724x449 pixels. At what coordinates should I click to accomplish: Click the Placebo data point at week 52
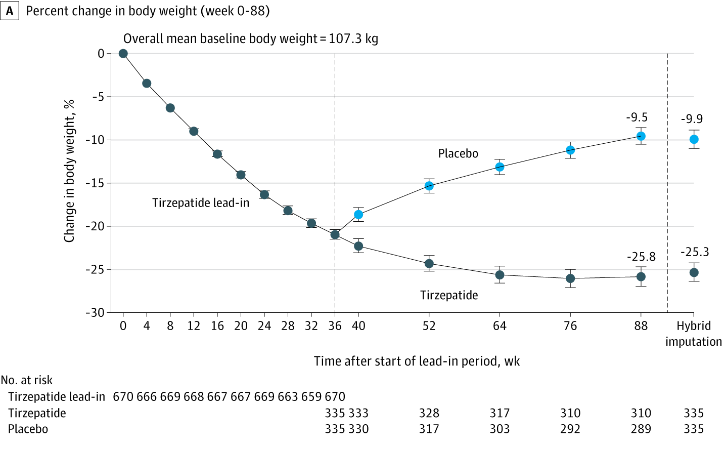pos(429,186)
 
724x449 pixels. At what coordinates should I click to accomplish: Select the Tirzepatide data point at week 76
pos(570,278)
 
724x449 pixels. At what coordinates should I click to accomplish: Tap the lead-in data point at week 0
pos(123,54)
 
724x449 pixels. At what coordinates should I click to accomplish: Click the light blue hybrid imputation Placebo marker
pos(694,139)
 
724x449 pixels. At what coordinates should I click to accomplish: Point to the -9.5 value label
pos(637,117)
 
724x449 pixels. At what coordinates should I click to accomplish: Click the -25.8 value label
pos(641,257)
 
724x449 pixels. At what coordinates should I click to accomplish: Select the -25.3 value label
pos(694,252)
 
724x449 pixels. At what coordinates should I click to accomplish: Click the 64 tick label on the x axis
pos(500,326)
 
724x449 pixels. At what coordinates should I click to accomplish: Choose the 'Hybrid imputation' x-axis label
pos(694,334)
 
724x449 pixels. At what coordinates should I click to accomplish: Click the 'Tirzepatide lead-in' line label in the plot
pos(201,203)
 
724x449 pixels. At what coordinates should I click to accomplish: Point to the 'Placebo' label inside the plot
pos(458,153)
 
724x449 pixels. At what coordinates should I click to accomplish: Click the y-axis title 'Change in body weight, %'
pos(69,171)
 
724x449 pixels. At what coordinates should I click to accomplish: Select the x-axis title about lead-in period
pos(417,361)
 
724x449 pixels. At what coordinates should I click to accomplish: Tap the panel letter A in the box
pos(10,11)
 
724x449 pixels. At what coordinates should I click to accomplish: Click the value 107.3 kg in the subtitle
pos(353,39)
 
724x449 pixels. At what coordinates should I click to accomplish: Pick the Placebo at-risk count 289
pos(641,429)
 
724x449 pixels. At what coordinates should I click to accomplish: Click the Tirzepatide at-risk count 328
pos(429,413)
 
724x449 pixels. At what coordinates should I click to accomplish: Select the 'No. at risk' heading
pos(27,380)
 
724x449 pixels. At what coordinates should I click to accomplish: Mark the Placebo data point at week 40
pos(358,215)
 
